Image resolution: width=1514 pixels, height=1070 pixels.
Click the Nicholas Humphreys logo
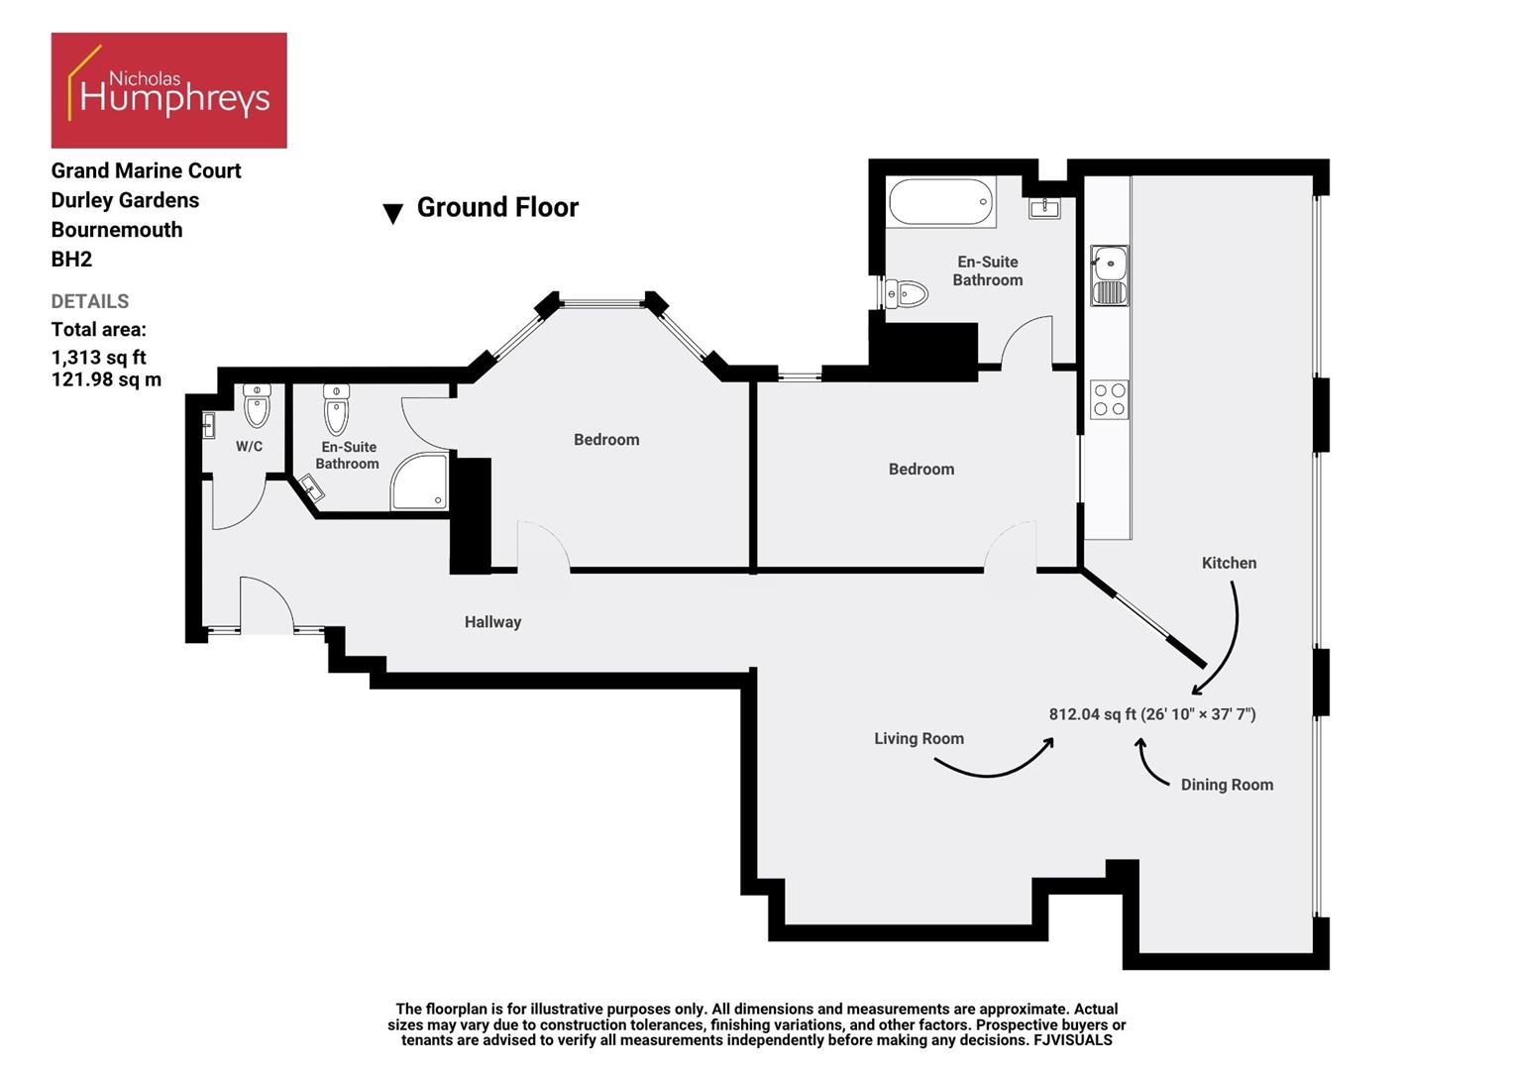(x=168, y=90)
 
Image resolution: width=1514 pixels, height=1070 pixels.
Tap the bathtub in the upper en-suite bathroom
(x=940, y=202)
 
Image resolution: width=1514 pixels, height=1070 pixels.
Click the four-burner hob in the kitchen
(x=1109, y=399)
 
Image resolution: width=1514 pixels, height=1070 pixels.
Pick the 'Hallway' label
(x=492, y=622)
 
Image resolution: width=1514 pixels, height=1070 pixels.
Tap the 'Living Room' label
(x=919, y=738)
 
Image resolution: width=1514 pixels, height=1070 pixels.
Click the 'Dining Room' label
(x=1227, y=785)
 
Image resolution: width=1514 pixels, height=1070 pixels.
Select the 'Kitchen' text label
(x=1229, y=563)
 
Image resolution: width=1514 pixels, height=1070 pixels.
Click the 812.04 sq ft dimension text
(x=1151, y=714)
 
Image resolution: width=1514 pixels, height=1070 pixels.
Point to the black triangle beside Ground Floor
(x=392, y=213)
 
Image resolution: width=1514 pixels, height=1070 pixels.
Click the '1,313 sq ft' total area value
(x=98, y=357)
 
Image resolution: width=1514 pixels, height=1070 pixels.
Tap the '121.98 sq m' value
(x=106, y=379)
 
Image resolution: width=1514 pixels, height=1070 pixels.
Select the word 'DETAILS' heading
(x=90, y=301)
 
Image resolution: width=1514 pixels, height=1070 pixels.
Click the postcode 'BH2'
(x=71, y=260)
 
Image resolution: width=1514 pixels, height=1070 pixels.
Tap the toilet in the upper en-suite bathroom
(x=906, y=293)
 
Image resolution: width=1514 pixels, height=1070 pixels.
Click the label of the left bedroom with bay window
(x=606, y=440)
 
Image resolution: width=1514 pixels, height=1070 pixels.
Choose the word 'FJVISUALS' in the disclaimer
(x=1072, y=1040)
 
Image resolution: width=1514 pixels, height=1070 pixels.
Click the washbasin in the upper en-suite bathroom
(x=1044, y=208)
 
